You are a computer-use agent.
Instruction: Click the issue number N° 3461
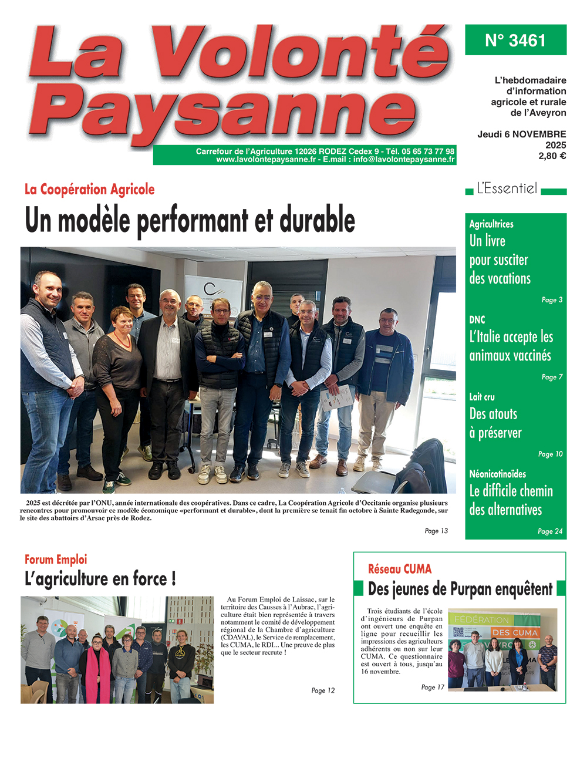coord(515,41)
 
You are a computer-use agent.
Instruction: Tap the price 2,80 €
coord(552,156)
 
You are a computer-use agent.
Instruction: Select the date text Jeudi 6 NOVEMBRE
coord(521,134)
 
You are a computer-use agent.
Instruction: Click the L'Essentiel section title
coord(507,188)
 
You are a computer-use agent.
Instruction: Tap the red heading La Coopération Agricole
coord(89,189)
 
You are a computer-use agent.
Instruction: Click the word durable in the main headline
coord(317,221)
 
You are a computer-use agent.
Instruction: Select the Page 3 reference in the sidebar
coord(552,300)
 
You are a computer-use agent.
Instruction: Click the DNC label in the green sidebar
coord(477,320)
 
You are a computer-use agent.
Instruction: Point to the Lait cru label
coord(482,397)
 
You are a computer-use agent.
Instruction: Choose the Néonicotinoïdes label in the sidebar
coord(497,474)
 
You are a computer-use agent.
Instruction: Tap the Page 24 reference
coord(550,531)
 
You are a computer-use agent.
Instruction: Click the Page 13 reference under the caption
coord(436,531)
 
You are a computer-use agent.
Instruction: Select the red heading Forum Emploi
coord(56,560)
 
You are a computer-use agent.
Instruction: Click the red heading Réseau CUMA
coord(400,569)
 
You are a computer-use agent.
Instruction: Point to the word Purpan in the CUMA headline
coord(470,589)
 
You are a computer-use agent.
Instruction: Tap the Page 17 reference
coord(433,687)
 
